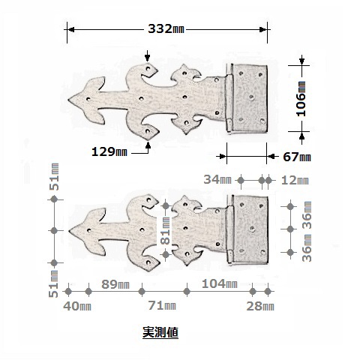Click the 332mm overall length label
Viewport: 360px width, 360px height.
click(166, 28)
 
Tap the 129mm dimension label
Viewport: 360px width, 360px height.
click(109, 151)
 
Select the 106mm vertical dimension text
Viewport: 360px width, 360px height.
click(301, 99)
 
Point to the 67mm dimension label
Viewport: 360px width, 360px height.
click(297, 157)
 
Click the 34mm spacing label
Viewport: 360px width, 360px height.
click(217, 179)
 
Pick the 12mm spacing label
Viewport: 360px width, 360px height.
click(295, 180)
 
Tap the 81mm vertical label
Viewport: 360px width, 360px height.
click(166, 230)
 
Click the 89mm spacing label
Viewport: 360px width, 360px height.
click(115, 284)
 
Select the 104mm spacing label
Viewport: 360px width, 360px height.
click(219, 283)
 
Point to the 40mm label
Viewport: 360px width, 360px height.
click(77, 306)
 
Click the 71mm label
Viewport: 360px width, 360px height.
click(162, 305)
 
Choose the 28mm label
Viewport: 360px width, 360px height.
click(260, 306)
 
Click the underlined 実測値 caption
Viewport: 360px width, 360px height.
click(160, 332)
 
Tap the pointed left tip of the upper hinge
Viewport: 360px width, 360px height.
click(68, 100)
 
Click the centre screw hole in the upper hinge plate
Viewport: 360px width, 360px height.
click(251, 97)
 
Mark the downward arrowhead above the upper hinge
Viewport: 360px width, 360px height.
click(148, 58)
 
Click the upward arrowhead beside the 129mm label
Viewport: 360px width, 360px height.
click(148, 145)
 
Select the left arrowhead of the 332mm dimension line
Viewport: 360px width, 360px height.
click(71, 30)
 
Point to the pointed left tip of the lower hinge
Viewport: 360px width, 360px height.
click(69, 230)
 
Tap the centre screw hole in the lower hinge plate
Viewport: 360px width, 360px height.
click(252, 228)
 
